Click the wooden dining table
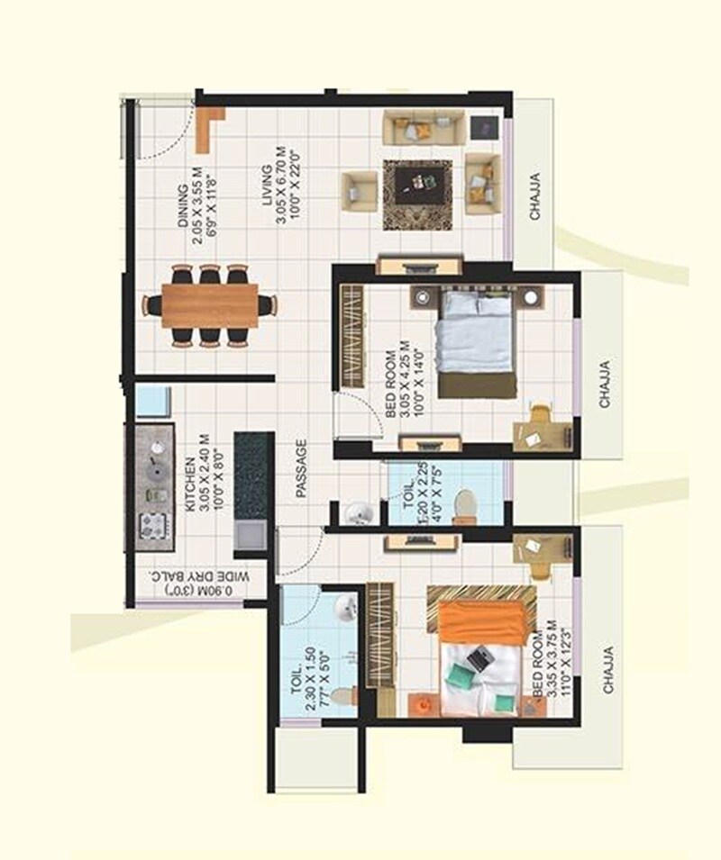pos(210,305)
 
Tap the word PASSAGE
pos(302,467)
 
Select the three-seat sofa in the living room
pos(424,128)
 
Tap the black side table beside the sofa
pos(485,128)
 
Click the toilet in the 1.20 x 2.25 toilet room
pos(464,506)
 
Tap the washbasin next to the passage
pos(359,514)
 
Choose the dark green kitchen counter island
pos(253,476)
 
